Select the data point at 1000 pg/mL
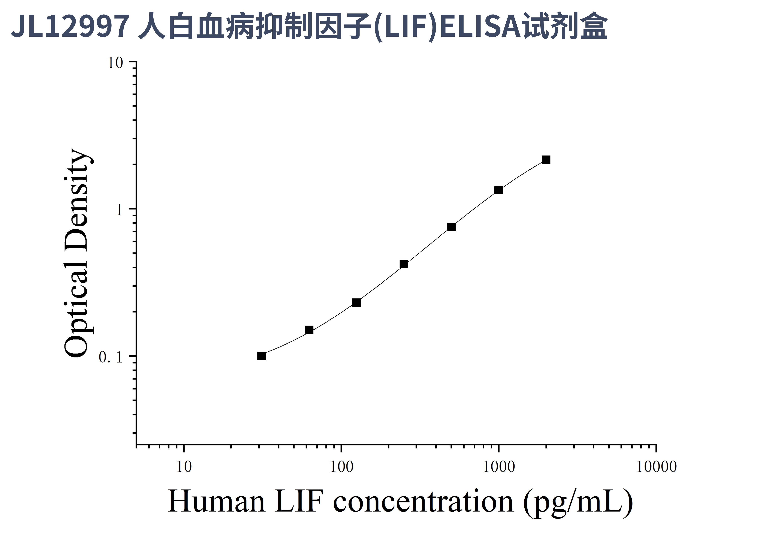pyautogui.click(x=499, y=190)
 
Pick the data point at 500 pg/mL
pyautogui.click(x=451, y=227)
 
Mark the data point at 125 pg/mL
pyautogui.click(x=356, y=303)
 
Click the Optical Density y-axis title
pyautogui.click(x=76, y=252)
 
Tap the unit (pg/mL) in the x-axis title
pyautogui.click(x=578, y=502)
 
